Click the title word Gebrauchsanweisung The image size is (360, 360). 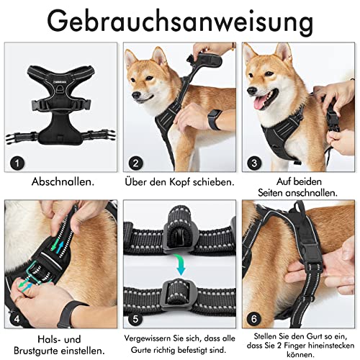click(180, 22)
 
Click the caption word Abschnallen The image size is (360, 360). click(60, 182)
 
